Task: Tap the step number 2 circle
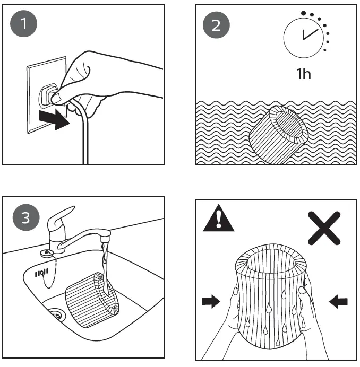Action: coord(216,25)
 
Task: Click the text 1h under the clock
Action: coord(303,74)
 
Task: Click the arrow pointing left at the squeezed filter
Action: coord(338,302)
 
